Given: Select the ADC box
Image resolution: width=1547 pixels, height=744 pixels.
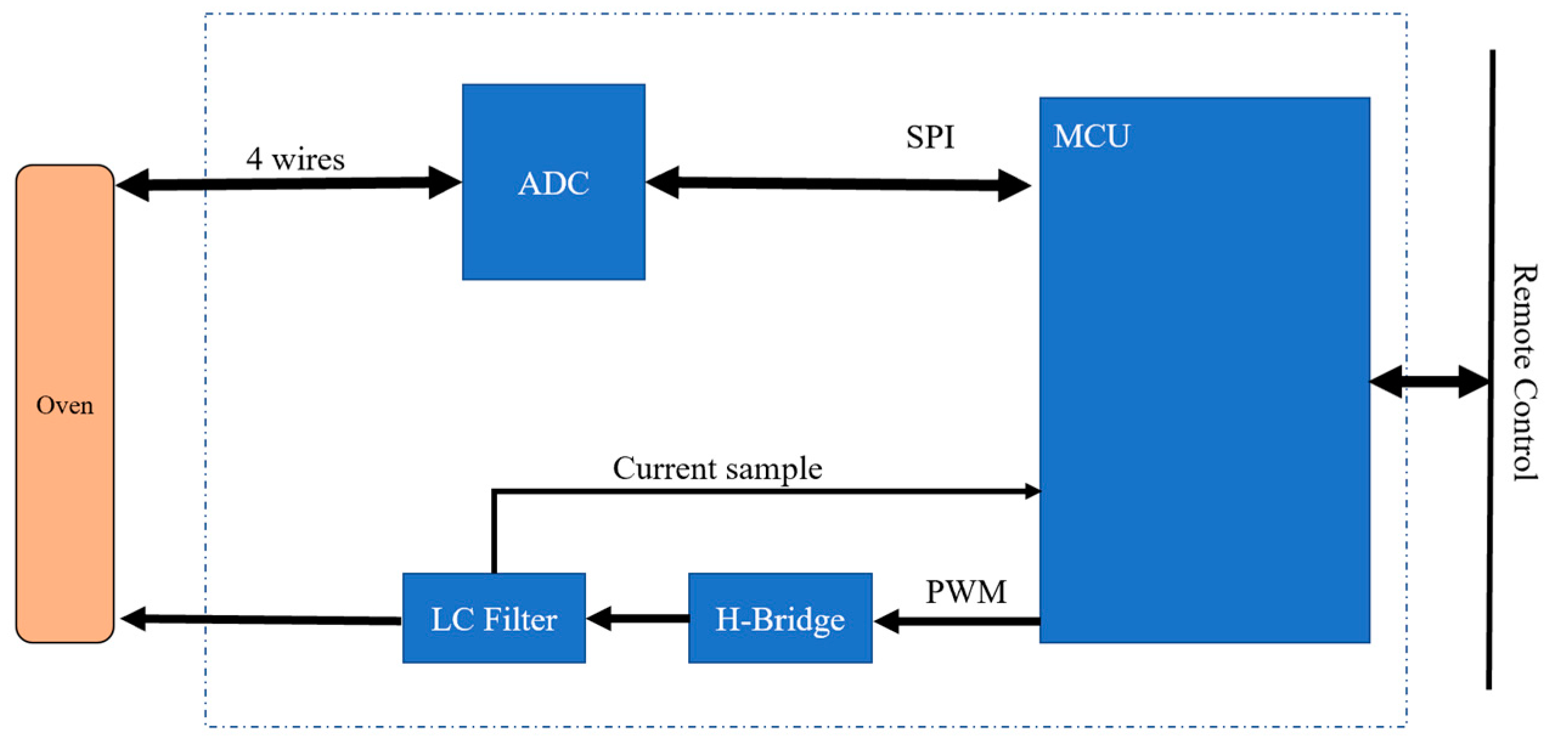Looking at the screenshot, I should tap(553, 231).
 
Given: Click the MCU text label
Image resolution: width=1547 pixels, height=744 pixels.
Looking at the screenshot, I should tap(1091, 136).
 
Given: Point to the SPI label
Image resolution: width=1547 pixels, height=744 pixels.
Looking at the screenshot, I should tap(930, 137).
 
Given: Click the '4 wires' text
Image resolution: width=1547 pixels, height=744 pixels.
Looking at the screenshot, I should tap(295, 159).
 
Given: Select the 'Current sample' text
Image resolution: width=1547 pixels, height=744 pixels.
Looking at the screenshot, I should tap(717, 468).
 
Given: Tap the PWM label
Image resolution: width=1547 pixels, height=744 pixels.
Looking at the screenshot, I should tap(966, 592).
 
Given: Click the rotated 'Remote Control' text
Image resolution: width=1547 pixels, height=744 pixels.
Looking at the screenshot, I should tap(1524, 372).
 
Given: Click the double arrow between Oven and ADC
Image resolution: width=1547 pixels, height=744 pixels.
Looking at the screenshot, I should tap(288, 183).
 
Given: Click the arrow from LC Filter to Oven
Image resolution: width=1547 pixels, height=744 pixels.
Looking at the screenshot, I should tap(261, 619).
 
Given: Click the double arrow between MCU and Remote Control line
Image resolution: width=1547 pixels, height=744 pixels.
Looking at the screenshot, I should tap(1428, 382).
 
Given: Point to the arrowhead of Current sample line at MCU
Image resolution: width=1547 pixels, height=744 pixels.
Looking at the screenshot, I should tap(1032, 491).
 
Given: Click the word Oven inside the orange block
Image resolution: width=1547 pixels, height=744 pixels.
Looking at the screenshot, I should tap(64, 405).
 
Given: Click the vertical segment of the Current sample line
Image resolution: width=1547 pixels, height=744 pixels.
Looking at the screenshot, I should tap(494, 531).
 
